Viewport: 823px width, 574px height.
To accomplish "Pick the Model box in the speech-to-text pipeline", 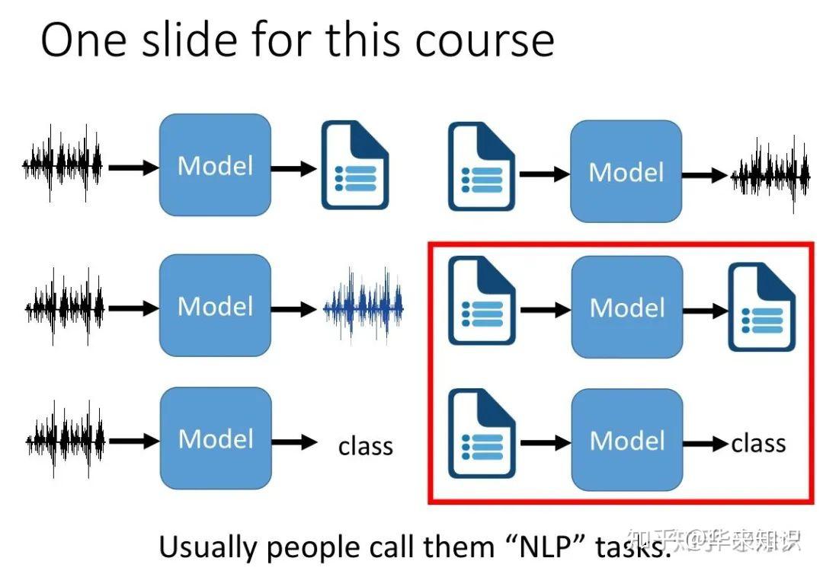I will [x=215, y=165].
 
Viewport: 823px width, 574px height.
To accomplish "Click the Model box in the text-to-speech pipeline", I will [x=626, y=171].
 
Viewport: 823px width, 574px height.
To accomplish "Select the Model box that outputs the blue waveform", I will [x=215, y=306].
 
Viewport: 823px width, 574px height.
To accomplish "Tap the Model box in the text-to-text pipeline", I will [x=626, y=308].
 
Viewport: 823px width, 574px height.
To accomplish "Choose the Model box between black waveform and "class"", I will [x=216, y=438].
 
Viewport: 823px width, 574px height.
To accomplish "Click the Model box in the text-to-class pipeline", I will [x=626, y=440].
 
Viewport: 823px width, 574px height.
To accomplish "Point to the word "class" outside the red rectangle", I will [x=366, y=445].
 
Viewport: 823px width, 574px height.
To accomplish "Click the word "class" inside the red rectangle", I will [x=758, y=442].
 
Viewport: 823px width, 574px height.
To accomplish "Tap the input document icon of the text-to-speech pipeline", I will [x=481, y=167].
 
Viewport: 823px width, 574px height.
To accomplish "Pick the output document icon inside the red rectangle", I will [x=761, y=308].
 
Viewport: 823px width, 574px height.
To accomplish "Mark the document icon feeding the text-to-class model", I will [x=481, y=434].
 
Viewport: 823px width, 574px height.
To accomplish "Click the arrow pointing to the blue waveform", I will [x=294, y=309].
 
